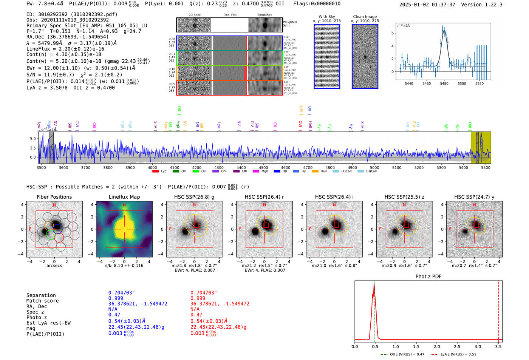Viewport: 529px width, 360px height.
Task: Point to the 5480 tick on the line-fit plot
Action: [444, 83]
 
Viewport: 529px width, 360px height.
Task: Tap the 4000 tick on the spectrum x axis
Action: [152, 167]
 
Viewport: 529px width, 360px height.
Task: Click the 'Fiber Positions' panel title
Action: [54, 197]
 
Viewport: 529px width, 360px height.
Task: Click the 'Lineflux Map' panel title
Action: [124, 197]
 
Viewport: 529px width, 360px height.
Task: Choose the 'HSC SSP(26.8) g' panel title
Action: [194, 197]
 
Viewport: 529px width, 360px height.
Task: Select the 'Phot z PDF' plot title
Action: [428, 277]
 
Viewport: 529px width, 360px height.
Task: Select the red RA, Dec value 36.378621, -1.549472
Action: [220, 304]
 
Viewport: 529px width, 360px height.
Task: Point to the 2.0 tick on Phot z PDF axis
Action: [437, 346]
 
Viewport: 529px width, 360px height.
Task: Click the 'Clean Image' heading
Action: [365, 17]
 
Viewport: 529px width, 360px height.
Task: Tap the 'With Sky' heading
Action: [326, 17]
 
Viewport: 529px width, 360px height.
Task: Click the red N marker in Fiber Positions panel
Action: [54, 205]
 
